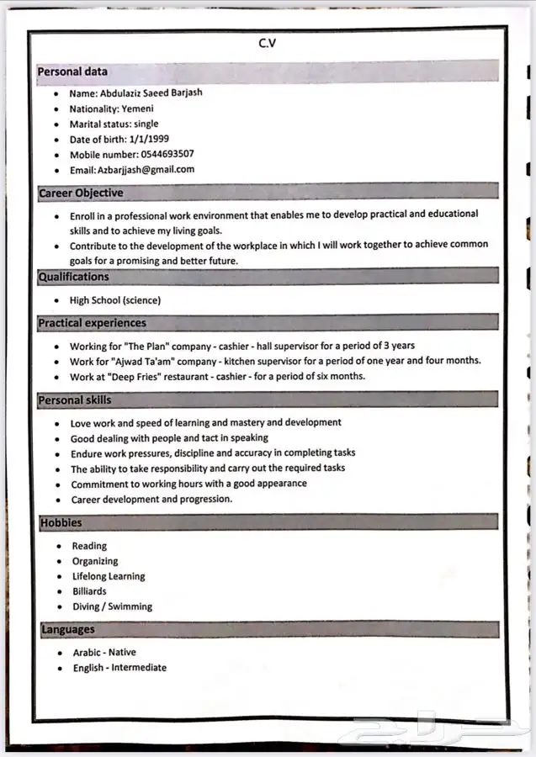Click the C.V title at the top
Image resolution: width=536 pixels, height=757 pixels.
click(267, 44)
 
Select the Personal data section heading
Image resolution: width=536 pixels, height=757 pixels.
click(72, 72)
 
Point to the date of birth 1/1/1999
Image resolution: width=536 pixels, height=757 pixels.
click(149, 139)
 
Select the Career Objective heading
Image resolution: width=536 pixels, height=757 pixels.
click(81, 193)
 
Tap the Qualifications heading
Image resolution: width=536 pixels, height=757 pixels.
click(74, 277)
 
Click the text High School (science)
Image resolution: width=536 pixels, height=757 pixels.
click(115, 300)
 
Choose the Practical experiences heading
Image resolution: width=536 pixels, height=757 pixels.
click(92, 323)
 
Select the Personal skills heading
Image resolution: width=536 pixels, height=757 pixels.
click(74, 400)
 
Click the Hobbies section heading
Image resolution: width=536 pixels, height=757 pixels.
click(61, 522)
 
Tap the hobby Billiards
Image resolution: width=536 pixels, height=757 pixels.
click(89, 591)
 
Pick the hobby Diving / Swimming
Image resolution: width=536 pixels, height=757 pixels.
click(112, 606)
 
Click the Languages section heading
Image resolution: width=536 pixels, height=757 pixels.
click(68, 629)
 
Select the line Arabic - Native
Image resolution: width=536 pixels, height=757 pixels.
click(104, 652)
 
